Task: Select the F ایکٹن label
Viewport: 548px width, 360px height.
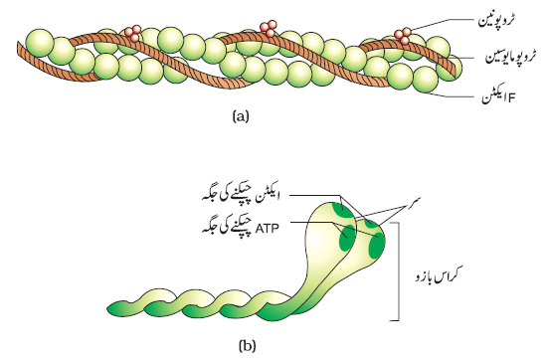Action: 498,96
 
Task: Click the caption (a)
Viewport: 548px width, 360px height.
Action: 241,115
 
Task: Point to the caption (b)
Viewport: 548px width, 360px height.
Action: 247,346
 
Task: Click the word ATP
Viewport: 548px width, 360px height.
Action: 268,229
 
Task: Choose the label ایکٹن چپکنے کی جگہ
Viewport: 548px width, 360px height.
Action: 241,197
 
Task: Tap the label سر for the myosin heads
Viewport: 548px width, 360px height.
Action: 414,201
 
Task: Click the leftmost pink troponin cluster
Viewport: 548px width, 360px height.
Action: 132,32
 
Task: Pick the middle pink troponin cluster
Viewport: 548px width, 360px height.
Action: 269,28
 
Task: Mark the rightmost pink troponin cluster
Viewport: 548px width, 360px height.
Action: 403,36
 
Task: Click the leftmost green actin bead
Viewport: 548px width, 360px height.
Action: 40,43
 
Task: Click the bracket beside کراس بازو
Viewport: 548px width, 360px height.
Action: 398,270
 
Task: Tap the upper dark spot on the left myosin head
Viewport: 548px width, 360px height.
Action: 341,209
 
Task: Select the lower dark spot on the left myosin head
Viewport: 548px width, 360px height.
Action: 347,239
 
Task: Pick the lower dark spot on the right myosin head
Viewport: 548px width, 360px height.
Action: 377,247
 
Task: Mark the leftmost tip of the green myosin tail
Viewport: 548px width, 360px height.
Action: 107,309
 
